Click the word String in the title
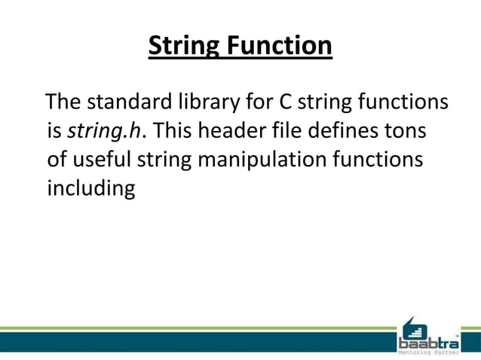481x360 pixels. (x=182, y=47)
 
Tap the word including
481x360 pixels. (x=90, y=189)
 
